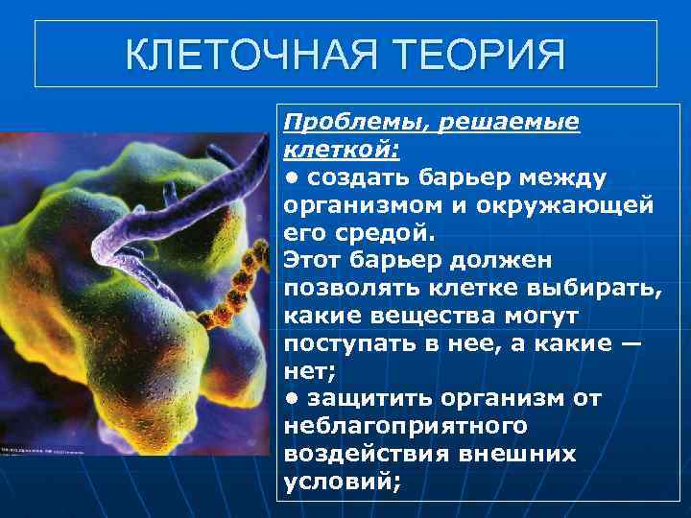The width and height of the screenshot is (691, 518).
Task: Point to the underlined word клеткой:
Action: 342,150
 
